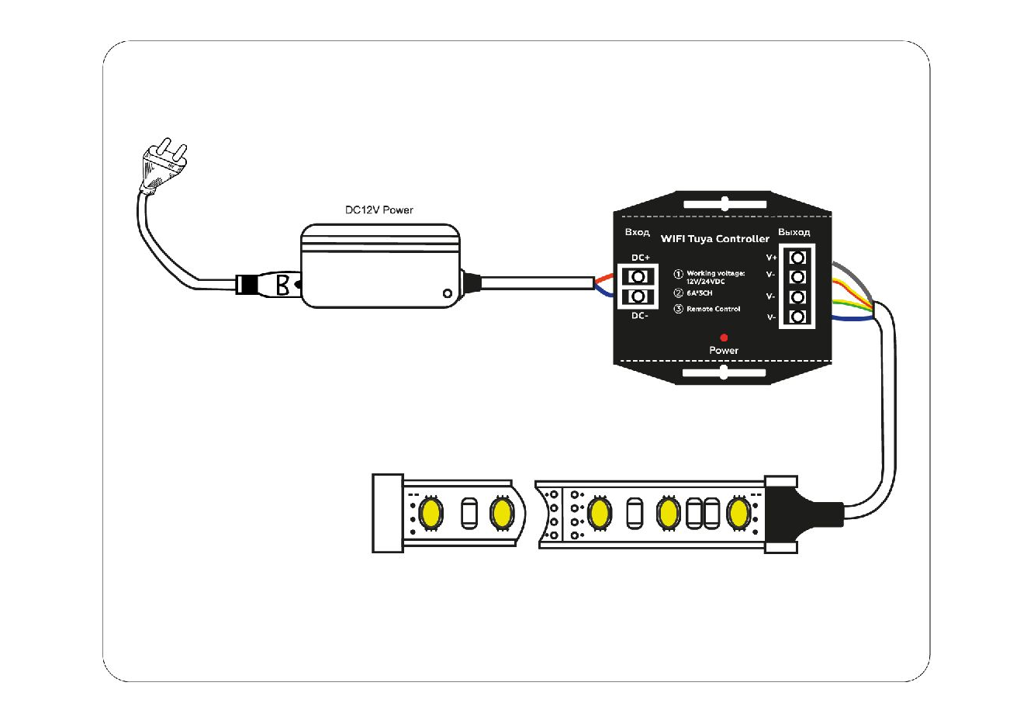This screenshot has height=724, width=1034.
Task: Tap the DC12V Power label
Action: tap(379, 210)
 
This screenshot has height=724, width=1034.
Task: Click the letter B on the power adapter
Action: tap(283, 285)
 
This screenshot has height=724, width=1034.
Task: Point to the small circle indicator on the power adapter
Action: tap(447, 293)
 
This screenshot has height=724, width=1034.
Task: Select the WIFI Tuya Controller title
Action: tap(714, 239)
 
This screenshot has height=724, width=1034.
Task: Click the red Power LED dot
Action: tap(724, 338)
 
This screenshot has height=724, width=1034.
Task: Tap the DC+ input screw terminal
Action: tap(638, 276)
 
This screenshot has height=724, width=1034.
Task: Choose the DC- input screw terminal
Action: tap(638, 296)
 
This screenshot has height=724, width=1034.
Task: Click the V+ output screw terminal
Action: tap(797, 258)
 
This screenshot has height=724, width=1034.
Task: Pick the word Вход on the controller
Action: tap(637, 232)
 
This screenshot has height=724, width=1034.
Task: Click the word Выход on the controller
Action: tap(794, 232)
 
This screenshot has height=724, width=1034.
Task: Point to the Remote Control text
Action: tap(713, 309)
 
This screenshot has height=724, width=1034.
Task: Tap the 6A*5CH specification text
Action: tap(699, 293)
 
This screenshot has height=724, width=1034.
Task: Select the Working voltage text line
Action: tap(715, 273)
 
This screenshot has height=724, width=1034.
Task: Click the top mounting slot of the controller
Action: tap(724, 204)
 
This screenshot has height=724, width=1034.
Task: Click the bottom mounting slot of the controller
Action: tap(724, 373)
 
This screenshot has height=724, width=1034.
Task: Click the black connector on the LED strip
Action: tap(799, 513)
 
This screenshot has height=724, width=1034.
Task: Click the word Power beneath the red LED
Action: tap(724, 351)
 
